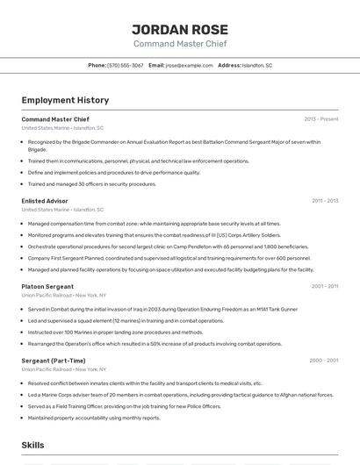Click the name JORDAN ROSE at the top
(x=179, y=28)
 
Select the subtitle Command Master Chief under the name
(x=179, y=43)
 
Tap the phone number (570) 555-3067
(x=126, y=65)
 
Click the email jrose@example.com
(x=190, y=65)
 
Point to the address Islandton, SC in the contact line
(x=257, y=65)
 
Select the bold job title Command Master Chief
(x=55, y=119)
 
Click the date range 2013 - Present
(x=320, y=119)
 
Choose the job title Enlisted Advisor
(x=45, y=201)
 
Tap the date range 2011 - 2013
(x=324, y=201)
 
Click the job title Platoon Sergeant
(x=47, y=286)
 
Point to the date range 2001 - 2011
(x=324, y=286)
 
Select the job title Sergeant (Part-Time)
(x=54, y=361)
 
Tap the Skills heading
(x=33, y=446)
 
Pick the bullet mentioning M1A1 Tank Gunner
(x=162, y=309)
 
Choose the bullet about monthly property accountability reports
(x=94, y=418)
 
